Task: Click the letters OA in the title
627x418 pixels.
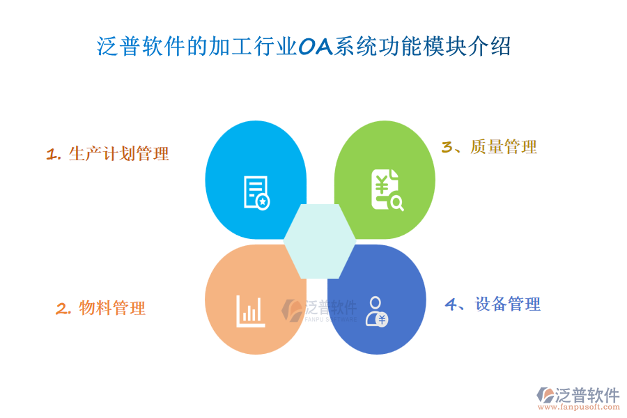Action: pyautogui.click(x=316, y=47)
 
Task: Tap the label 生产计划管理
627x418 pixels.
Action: pyautogui.click(x=118, y=154)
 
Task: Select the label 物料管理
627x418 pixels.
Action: pyautogui.click(x=112, y=308)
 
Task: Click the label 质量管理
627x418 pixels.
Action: pyautogui.click(x=504, y=147)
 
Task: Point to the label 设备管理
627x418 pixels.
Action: pyautogui.click(x=508, y=304)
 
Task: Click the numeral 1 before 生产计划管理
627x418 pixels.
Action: pyautogui.click(x=51, y=155)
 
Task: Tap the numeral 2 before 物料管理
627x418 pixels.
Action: pyautogui.click(x=62, y=309)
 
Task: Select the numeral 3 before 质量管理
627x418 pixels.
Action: pyautogui.click(x=447, y=147)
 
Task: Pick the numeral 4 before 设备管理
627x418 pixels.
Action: pyautogui.click(x=451, y=304)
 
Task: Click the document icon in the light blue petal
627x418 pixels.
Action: pyautogui.click(x=256, y=193)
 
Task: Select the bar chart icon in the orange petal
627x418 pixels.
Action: pyautogui.click(x=250, y=311)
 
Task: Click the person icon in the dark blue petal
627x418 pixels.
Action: pyautogui.click(x=377, y=311)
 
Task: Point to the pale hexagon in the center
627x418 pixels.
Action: pyautogui.click(x=320, y=241)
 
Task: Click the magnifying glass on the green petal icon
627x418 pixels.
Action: pyautogui.click(x=397, y=203)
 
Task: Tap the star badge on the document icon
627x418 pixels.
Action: pyautogui.click(x=263, y=202)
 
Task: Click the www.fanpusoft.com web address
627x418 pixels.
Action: pyautogui.click(x=579, y=407)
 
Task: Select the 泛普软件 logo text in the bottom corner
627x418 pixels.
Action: pyautogui.click(x=587, y=395)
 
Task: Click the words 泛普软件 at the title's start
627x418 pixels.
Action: pyautogui.click(x=141, y=47)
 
